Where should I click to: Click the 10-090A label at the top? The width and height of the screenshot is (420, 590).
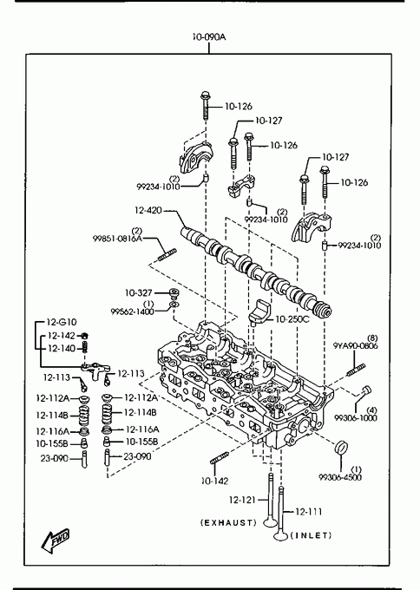click(x=209, y=36)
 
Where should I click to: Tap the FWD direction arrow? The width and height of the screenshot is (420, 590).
click(x=55, y=541)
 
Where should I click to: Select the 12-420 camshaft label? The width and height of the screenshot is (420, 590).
click(x=148, y=210)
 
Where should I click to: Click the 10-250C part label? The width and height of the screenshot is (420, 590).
click(x=292, y=319)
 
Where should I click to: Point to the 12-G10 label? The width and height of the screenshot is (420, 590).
click(x=62, y=322)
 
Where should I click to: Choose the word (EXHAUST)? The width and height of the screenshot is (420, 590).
click(x=228, y=522)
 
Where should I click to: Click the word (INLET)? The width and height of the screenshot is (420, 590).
click(x=312, y=535)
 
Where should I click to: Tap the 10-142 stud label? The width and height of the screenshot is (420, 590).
click(x=215, y=481)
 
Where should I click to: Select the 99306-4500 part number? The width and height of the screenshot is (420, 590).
click(x=340, y=477)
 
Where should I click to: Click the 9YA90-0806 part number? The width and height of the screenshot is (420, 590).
click(x=355, y=346)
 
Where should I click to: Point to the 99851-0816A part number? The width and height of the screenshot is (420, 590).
click(x=117, y=239)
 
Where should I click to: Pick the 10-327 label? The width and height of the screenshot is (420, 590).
click(x=139, y=292)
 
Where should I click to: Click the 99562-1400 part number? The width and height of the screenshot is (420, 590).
click(x=133, y=311)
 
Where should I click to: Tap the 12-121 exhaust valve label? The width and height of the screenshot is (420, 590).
click(x=242, y=500)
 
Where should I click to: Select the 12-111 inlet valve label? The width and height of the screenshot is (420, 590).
click(x=309, y=511)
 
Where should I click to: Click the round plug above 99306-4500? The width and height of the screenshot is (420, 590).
click(x=341, y=447)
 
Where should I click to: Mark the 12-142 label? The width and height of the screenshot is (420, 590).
click(x=62, y=335)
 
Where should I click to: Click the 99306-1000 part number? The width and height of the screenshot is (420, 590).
click(x=356, y=417)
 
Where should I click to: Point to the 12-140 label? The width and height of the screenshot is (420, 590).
click(x=62, y=349)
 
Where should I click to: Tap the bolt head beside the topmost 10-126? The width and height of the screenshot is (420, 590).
click(x=205, y=95)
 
